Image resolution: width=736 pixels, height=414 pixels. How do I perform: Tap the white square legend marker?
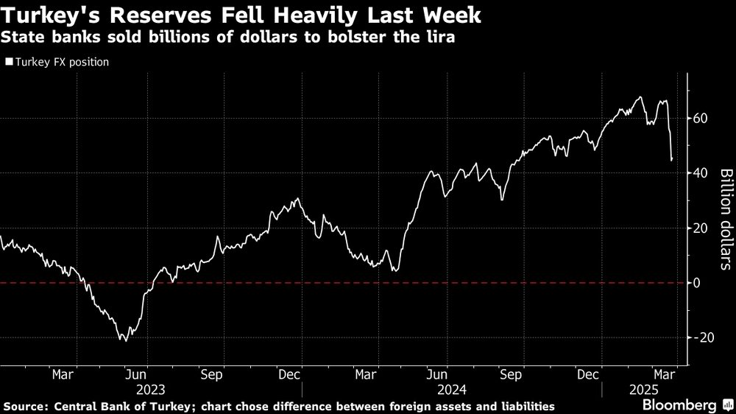(x=8, y=62)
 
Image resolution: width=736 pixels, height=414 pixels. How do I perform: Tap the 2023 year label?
(x=151, y=390)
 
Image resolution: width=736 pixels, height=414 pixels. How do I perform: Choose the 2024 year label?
(x=451, y=390)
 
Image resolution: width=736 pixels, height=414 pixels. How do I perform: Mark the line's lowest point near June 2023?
(x=125, y=341)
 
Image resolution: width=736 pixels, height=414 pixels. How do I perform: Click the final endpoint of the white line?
(x=672, y=159)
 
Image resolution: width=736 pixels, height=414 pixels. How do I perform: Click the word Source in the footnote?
(x=25, y=407)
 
